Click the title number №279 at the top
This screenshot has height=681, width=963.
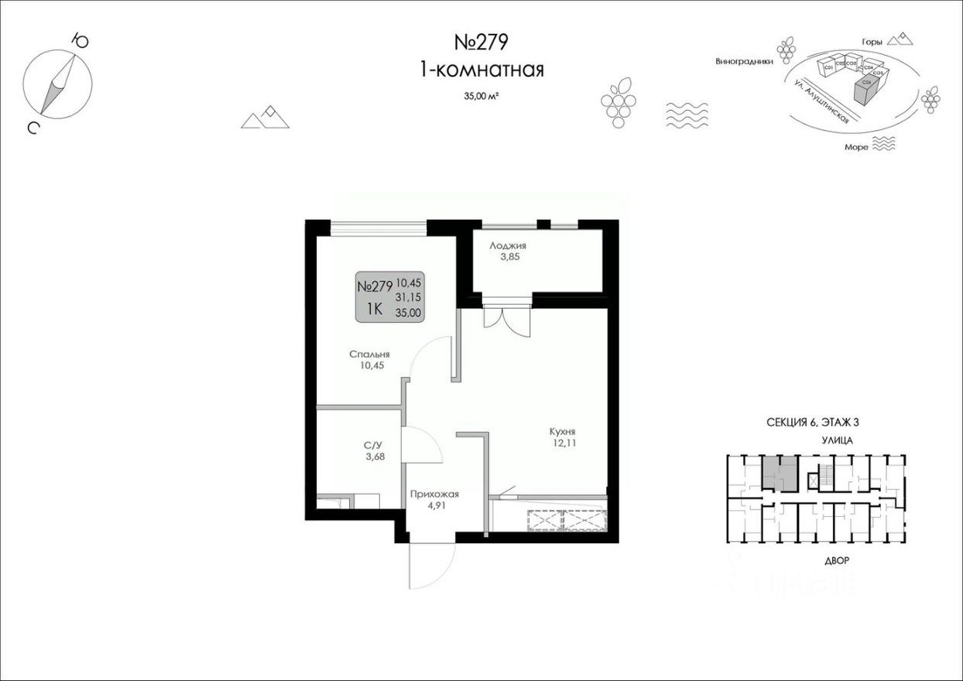click(481, 42)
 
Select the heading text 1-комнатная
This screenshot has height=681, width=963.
click(481, 70)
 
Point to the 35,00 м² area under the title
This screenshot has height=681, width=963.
click(481, 97)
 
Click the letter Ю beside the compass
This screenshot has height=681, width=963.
click(78, 39)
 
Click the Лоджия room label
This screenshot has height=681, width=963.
click(508, 245)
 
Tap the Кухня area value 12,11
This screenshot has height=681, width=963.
click(563, 444)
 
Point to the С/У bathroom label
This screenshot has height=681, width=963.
click(374, 445)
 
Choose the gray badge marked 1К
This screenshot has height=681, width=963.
click(375, 309)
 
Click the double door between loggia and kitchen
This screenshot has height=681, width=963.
click(507, 317)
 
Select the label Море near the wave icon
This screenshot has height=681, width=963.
click(856, 145)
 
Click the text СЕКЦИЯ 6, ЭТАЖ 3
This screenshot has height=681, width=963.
click(813, 422)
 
